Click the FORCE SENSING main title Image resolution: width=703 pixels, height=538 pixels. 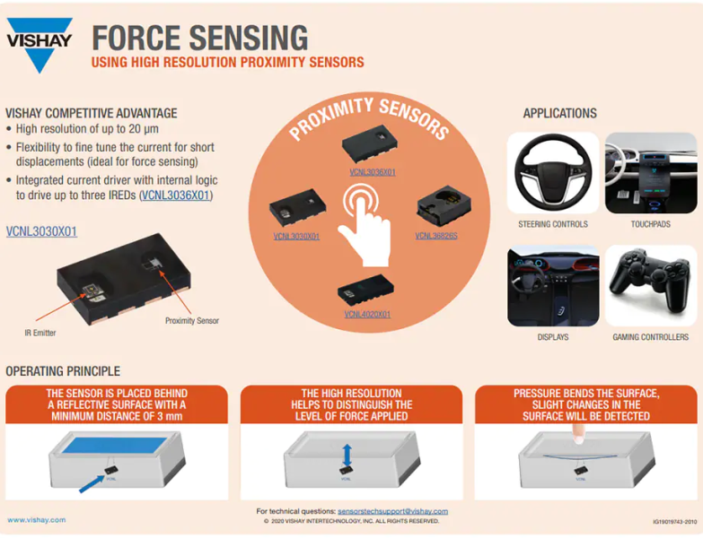click(200, 38)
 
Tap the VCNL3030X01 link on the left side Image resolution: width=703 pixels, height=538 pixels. click(41, 231)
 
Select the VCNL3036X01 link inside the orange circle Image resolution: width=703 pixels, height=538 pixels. click(373, 171)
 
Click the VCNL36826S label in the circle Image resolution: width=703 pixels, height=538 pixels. click(436, 236)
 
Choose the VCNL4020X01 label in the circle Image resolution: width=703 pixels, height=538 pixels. click(367, 315)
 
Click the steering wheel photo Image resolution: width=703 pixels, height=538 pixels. click(552, 173)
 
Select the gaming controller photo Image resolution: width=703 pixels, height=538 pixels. click(650, 286)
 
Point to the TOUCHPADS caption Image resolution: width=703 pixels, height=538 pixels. click(650, 224)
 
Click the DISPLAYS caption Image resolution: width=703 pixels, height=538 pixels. click(552, 337)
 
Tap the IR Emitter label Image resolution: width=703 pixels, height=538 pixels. click(40, 333)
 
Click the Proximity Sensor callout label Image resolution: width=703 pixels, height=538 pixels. click(191, 320)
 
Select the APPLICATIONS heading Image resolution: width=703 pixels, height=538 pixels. click(559, 114)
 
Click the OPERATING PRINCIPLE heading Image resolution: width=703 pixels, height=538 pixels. click(63, 371)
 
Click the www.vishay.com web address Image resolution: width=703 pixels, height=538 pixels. click(36, 520)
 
